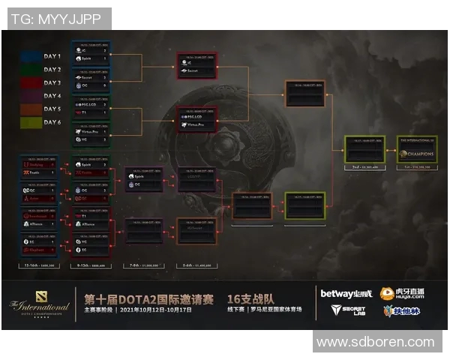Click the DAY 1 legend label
coord(53,56)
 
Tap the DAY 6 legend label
coord(53,122)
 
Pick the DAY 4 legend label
coord(53,96)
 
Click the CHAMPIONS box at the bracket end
coord(417,149)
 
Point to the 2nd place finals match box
coord(364,149)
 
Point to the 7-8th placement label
coord(144,265)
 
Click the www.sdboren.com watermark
coord(375,342)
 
